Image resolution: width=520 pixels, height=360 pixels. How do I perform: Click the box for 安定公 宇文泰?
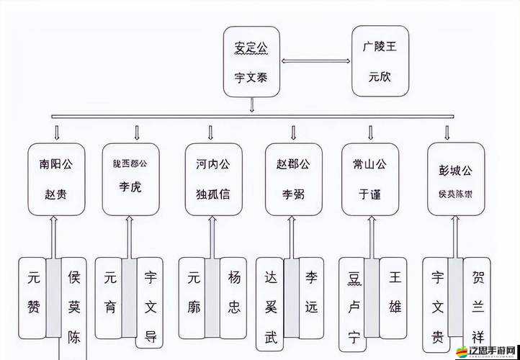[251, 61]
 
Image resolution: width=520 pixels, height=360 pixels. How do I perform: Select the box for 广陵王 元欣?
[380, 61]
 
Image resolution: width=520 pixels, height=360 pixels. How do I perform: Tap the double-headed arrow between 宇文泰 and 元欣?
[315, 61]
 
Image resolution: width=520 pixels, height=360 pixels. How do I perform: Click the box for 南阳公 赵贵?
[56, 179]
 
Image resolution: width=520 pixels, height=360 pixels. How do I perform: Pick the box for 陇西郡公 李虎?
[130, 179]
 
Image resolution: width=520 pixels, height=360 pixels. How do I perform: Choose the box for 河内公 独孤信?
[213, 179]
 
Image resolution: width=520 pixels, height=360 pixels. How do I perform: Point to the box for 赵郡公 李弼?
[293, 179]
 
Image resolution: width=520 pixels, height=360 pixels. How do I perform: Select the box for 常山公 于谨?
[370, 179]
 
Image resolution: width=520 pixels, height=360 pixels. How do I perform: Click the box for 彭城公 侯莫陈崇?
[456, 179]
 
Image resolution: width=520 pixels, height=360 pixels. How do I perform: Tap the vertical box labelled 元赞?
[32, 297]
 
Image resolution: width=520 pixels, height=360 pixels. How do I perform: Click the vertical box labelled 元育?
[109, 297]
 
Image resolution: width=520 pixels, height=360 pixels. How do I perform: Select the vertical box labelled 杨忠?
[234, 297]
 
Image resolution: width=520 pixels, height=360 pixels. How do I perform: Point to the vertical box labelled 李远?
[311, 297]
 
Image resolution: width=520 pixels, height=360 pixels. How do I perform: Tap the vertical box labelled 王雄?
[395, 297]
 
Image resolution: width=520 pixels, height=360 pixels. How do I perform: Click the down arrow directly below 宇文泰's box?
[251, 105]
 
